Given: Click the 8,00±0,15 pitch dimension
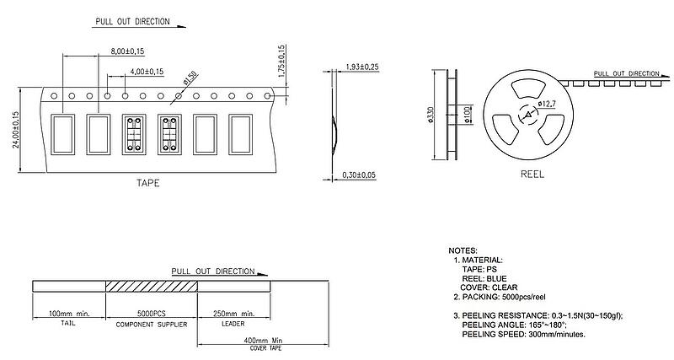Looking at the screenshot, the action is tap(127, 51).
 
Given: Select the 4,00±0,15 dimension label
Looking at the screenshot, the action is tap(147, 72).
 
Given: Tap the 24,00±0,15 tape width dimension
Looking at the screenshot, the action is tap(16, 130).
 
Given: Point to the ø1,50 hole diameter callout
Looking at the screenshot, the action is tap(190, 78).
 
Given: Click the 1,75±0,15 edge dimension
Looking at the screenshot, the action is tap(282, 62).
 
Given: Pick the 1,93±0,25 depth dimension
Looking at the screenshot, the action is tap(362, 67).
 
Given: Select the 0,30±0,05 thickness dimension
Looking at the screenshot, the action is tap(359, 175).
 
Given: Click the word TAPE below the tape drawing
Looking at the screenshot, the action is tap(148, 183).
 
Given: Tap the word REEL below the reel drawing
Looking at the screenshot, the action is tap(532, 175).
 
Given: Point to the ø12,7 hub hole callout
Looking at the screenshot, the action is tap(547, 104).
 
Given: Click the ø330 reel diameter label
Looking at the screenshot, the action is tap(431, 115).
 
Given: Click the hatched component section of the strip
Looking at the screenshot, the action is tap(152, 287).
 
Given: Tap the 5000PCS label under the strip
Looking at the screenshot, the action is tap(152, 313).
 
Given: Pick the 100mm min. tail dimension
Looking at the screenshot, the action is tap(69, 313).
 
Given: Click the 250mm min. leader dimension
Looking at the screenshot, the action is tap(234, 313).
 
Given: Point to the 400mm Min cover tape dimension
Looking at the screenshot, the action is tap(263, 341).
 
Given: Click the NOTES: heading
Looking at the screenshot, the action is tap(463, 250).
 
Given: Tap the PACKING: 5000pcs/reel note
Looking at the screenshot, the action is tap(500, 297).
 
